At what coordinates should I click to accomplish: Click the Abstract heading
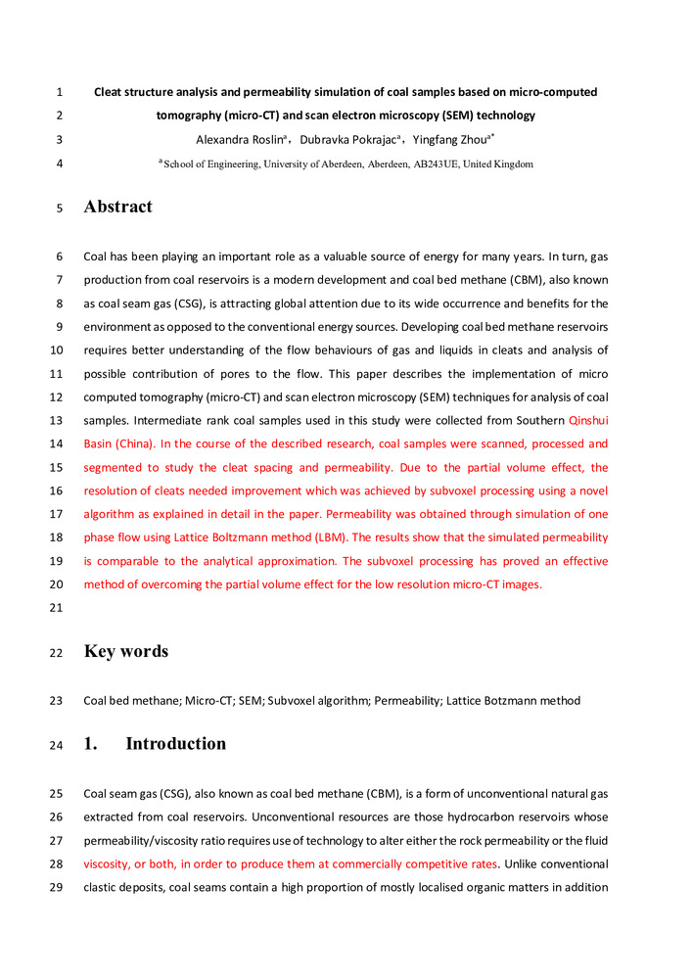click(x=118, y=207)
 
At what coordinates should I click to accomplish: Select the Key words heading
click(x=126, y=651)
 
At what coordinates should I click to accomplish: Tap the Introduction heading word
click(x=176, y=743)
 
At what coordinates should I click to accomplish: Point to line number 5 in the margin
click(x=60, y=208)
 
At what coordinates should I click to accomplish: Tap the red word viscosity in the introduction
click(x=107, y=864)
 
